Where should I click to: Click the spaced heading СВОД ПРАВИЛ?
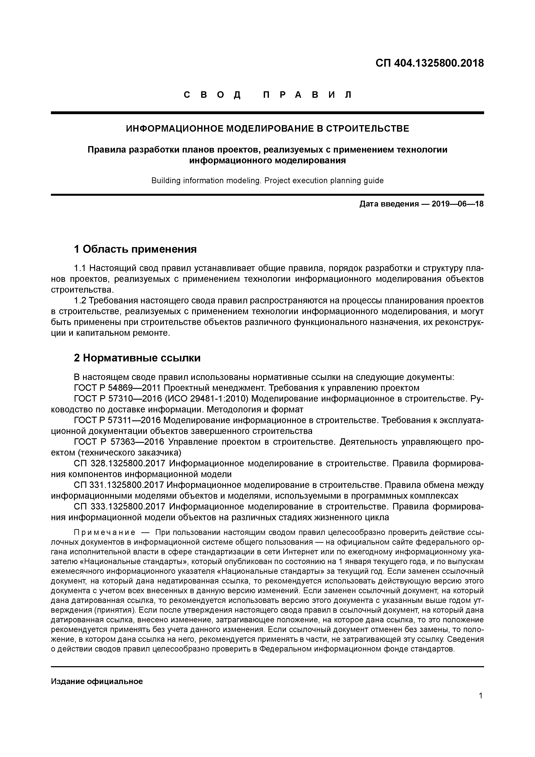click(267, 95)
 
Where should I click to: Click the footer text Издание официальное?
click(97, 681)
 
